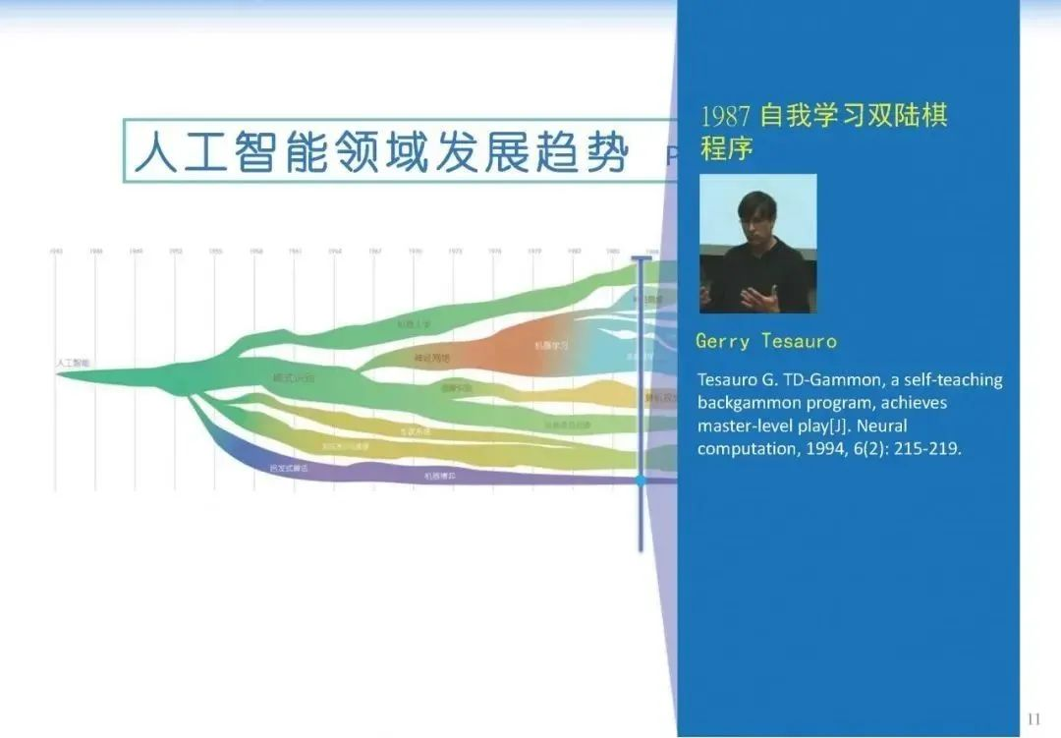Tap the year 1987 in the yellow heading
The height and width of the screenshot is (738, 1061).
click(x=725, y=116)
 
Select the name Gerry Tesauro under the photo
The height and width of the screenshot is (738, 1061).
click(x=766, y=341)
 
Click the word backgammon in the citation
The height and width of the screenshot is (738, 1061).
click(x=747, y=403)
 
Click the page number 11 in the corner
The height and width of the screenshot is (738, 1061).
click(x=1033, y=718)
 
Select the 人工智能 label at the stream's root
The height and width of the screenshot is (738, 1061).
click(x=73, y=364)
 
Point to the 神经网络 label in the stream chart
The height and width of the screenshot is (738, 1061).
click(x=432, y=359)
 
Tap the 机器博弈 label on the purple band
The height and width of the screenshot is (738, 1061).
click(x=439, y=476)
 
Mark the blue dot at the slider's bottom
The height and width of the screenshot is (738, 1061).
click(x=641, y=481)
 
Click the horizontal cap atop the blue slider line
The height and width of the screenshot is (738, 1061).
click(x=641, y=258)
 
